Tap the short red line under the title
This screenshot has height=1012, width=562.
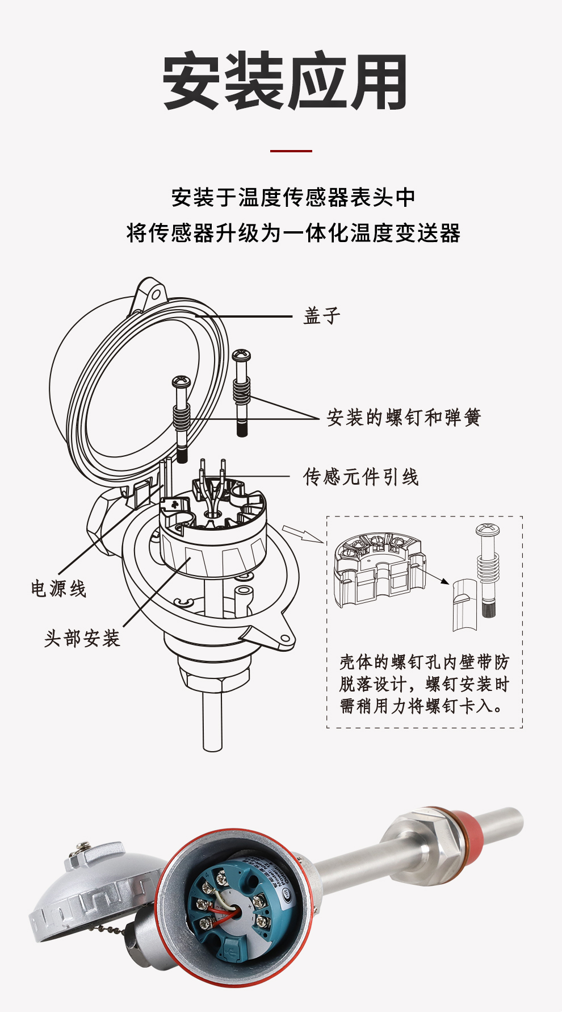[x=291, y=151]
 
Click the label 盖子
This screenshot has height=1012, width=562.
[x=321, y=316]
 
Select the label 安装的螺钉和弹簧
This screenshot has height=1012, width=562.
[x=404, y=418]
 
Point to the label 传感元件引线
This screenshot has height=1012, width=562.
[x=360, y=477]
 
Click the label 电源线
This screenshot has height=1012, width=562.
[x=58, y=589]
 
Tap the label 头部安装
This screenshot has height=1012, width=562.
[x=82, y=638]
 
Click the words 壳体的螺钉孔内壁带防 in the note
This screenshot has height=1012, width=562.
[x=424, y=663]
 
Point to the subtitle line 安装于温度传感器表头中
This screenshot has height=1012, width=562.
[x=293, y=197]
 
